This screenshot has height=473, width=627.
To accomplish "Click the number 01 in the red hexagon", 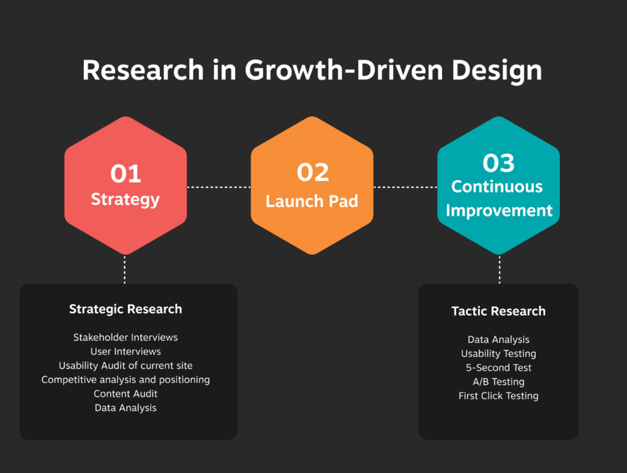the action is coord(126,173).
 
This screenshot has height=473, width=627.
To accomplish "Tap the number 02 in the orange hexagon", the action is coord(313,172).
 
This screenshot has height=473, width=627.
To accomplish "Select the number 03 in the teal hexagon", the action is coord(498,163).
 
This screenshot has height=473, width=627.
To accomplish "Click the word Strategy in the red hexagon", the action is coord(125,200).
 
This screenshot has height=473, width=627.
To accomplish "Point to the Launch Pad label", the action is coord(312,202).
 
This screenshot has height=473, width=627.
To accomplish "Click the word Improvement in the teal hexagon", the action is coord(499,211).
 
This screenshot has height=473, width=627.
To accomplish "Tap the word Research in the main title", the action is coord(143,70).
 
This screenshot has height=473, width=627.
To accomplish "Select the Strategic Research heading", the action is coord(126,309).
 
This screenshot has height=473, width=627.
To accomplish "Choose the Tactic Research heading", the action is coord(498,311).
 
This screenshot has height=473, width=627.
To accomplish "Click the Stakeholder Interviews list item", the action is coord(126,338).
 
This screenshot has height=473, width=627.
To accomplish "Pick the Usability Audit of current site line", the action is coord(126,365).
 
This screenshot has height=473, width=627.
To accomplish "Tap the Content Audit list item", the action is coord(126,394).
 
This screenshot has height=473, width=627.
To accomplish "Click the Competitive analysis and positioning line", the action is coord(126,380).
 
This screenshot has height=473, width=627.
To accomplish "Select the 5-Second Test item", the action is coord(498,368).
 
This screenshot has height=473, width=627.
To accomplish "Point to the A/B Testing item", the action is coord(498,382).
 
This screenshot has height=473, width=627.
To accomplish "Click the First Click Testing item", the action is coord(498,396).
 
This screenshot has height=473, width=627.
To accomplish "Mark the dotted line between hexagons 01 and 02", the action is coord(219,187).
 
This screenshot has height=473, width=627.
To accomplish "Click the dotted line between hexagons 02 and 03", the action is coord(405,187).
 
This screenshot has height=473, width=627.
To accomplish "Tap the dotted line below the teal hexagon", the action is coord(500,270).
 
